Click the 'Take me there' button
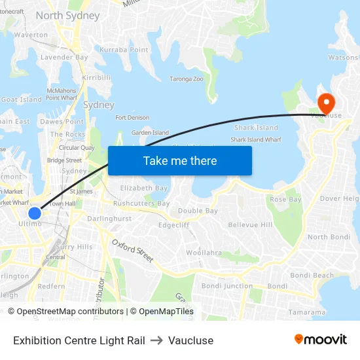[x=179, y=160]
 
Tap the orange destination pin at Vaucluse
[x=325, y=103]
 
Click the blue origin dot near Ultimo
[x=35, y=213]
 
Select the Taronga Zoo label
[x=187, y=79]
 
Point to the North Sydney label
[x=67, y=15]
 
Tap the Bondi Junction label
[x=226, y=286]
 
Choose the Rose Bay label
[x=285, y=199]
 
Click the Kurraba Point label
[x=124, y=50]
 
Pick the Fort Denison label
[x=132, y=118]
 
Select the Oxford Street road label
[x=132, y=251]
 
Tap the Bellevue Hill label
[x=250, y=225]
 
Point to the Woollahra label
[x=204, y=253]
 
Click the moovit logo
[x=320, y=339]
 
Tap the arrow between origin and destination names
[x=156, y=340]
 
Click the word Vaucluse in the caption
[x=190, y=340]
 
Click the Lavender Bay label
[x=64, y=58]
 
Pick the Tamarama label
[x=307, y=312]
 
